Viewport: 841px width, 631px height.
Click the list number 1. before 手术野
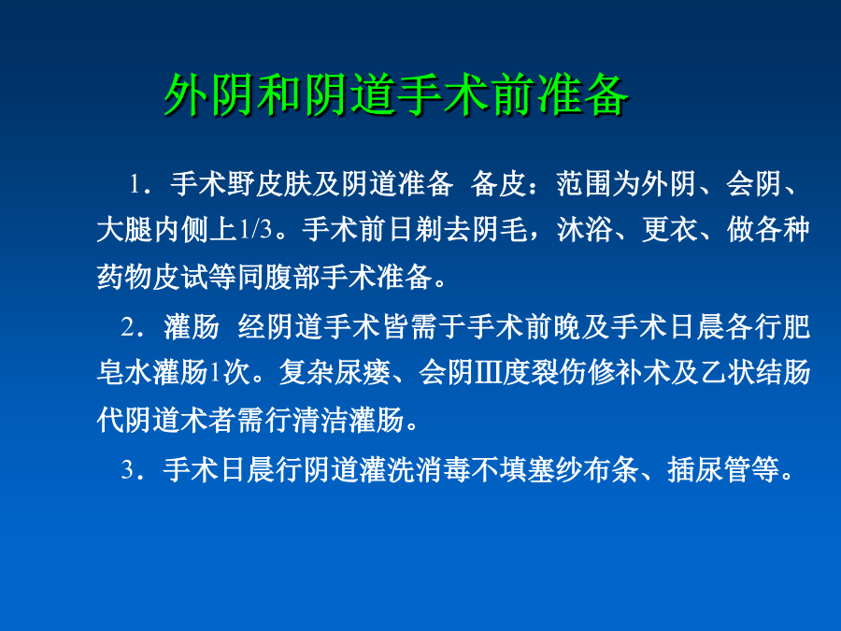click(x=137, y=184)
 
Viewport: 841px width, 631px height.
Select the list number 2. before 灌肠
click(x=130, y=327)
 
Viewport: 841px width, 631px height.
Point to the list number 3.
click(x=130, y=470)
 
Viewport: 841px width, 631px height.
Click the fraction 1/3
click(x=255, y=230)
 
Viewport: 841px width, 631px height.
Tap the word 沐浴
click(x=585, y=230)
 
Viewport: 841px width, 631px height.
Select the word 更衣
click(x=669, y=230)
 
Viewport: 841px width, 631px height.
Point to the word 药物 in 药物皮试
click(x=124, y=278)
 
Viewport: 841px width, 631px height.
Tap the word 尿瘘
click(x=363, y=372)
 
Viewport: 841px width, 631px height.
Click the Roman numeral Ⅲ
click(x=488, y=372)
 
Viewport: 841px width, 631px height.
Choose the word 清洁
click(x=321, y=420)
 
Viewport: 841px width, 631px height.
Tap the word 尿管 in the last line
click(x=723, y=470)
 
